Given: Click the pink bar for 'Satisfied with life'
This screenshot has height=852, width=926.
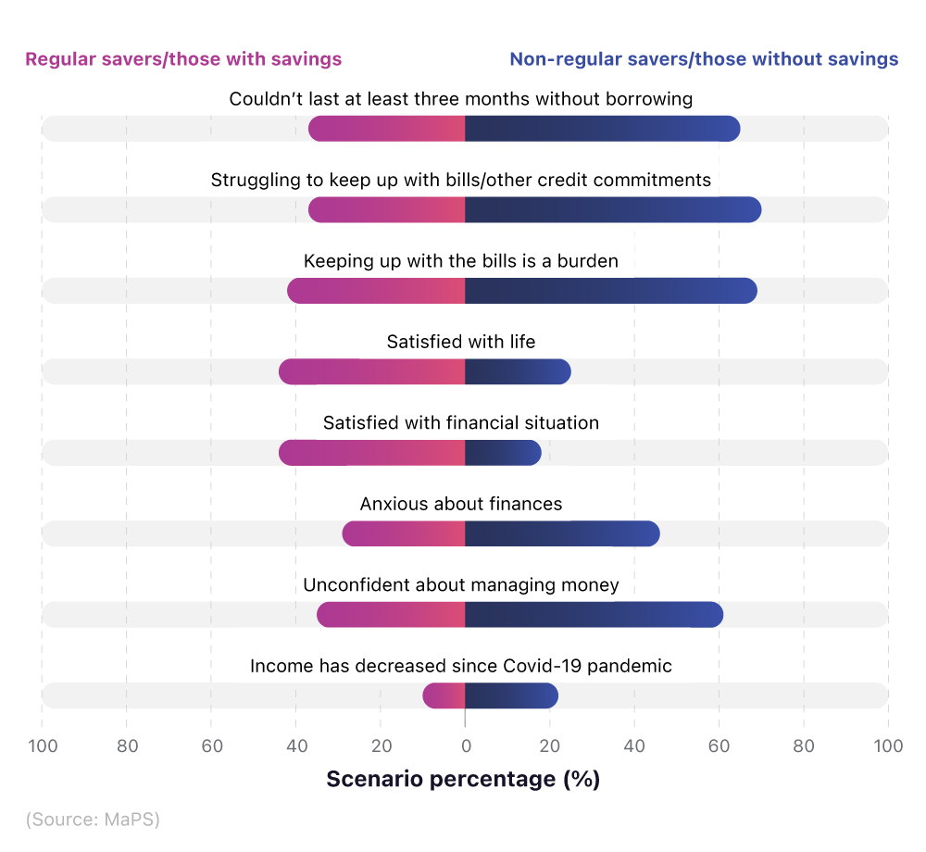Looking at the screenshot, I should (371, 372).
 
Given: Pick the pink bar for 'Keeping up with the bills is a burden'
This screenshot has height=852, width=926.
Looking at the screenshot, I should (376, 291).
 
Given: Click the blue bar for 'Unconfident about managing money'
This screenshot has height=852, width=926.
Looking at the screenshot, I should (594, 615).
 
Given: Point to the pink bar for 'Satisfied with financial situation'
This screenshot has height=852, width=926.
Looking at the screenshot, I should (371, 453).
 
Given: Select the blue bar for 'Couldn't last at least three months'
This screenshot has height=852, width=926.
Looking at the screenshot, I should (602, 129).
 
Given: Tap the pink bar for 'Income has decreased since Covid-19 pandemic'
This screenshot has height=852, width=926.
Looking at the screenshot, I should (444, 695).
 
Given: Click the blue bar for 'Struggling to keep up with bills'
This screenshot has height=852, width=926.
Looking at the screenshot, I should (612, 210).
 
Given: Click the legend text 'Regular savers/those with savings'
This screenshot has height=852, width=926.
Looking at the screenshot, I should (183, 59).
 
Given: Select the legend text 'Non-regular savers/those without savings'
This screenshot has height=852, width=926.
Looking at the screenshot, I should (704, 59).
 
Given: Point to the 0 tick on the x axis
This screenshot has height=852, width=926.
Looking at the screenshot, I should (465, 746).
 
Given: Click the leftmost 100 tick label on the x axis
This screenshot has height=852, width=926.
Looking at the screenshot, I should (42, 746).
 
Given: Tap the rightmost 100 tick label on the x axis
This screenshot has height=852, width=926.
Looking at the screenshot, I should (888, 746).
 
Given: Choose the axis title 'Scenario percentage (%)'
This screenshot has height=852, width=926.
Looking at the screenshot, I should (463, 780).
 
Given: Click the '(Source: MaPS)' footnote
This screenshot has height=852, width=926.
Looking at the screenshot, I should (93, 820).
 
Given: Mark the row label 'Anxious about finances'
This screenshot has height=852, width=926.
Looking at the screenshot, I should (461, 505).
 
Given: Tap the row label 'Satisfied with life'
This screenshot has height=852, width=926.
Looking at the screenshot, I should (461, 343).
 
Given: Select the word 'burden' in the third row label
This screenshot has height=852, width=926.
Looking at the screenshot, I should (587, 261).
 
